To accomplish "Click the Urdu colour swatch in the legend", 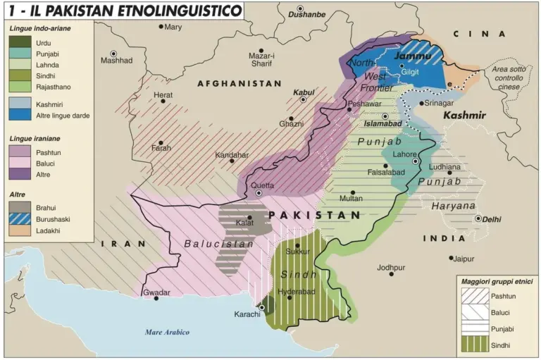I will click(x=20, y=42).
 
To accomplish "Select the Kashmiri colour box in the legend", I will click(x=20, y=103).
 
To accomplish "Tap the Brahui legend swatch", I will click(x=20, y=207).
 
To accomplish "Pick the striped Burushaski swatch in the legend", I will click(x=20, y=219).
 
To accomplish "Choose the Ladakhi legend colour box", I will click(x=20, y=231).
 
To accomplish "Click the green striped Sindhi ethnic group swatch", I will click(x=472, y=345).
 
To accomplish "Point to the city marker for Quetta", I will click(x=259, y=193).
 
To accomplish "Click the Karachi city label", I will click(x=247, y=314).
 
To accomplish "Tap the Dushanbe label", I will click(x=307, y=14).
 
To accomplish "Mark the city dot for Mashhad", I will click(x=113, y=54).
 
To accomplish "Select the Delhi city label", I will click(x=492, y=219).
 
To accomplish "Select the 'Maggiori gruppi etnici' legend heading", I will click(x=497, y=282).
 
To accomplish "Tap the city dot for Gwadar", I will click(x=156, y=299).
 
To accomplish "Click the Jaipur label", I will click(x=464, y=259).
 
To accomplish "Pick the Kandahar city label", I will click(x=232, y=154).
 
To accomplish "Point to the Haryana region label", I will click(x=454, y=206).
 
